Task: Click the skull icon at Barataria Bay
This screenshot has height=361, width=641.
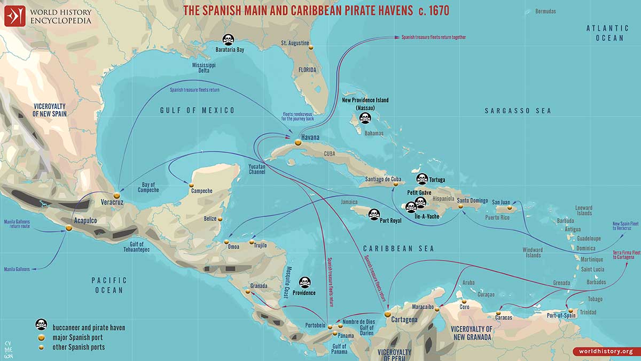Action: click(x=228, y=39)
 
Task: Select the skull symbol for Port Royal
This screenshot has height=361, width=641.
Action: click(x=374, y=214)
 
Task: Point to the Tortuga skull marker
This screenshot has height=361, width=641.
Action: click(x=422, y=179)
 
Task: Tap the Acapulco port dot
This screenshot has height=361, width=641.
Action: click(x=68, y=228)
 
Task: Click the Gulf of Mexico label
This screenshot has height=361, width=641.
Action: click(x=198, y=111)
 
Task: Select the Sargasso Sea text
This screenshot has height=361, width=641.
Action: click(x=517, y=111)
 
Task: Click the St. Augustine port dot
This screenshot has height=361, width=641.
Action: click(x=310, y=47)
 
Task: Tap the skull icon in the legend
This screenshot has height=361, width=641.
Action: click(x=41, y=325)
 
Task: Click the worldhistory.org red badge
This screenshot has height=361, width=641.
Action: click(x=605, y=351)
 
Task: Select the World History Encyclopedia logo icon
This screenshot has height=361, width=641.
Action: click(x=15, y=16)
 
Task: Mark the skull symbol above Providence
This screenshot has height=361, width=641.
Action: click(x=304, y=282)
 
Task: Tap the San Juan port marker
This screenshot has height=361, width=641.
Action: click(x=510, y=208)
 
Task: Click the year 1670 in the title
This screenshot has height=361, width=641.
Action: click(x=435, y=10)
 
